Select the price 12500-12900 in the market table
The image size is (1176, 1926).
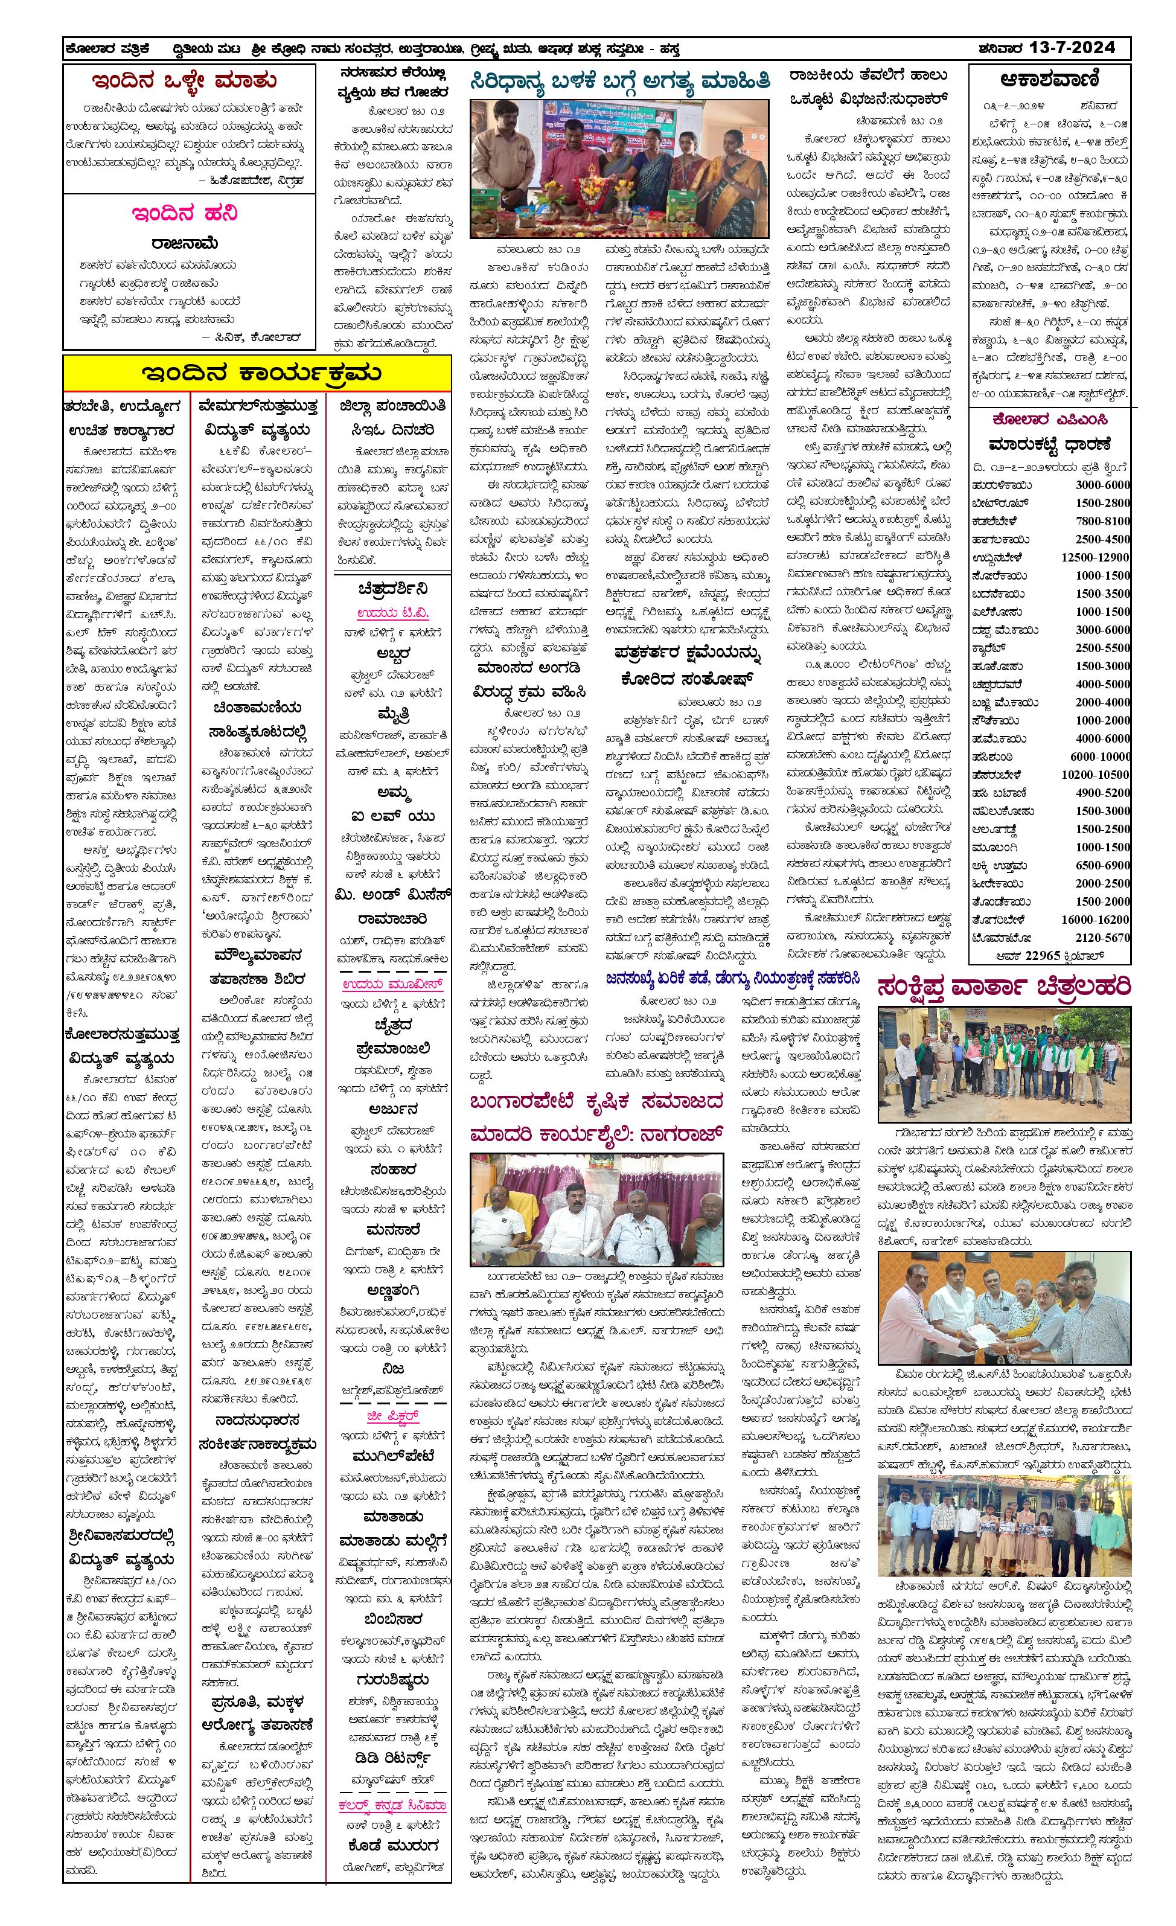point(1094,557)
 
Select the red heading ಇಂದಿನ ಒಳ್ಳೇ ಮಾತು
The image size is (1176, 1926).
point(184,80)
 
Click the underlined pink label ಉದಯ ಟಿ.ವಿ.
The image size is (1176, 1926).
point(393,613)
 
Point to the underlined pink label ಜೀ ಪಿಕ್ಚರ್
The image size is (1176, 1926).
point(393,1416)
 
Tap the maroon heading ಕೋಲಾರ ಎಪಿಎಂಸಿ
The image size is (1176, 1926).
point(1049,420)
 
